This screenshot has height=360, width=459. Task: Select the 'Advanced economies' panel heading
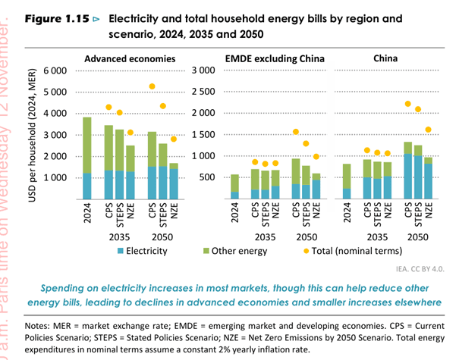[x=130, y=58]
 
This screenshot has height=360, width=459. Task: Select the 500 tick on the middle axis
[x=209, y=177]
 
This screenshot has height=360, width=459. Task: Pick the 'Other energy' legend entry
[x=234, y=250]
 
